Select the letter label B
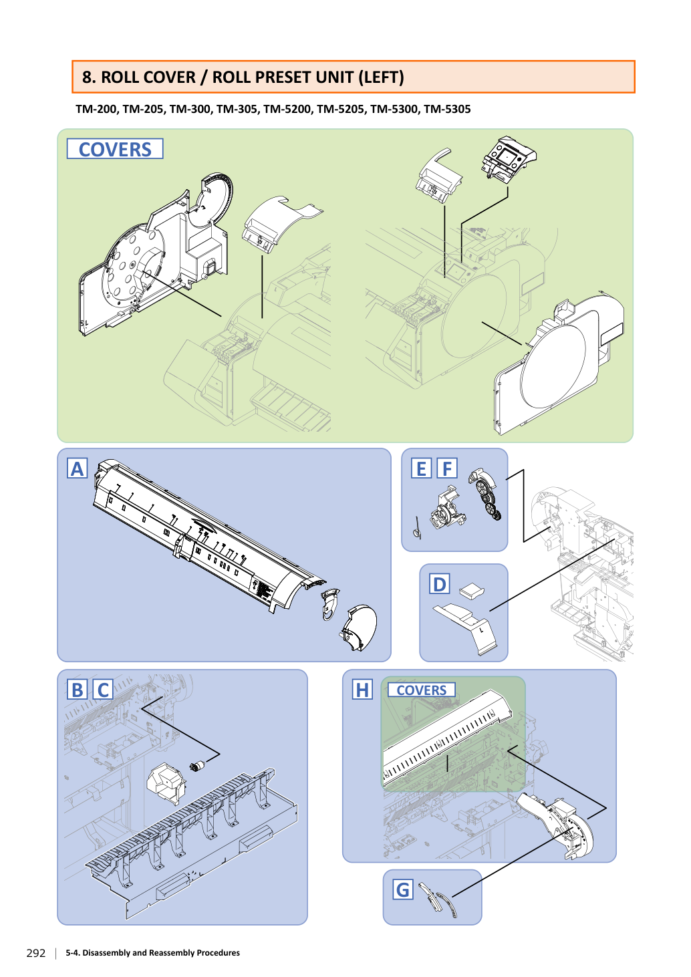click(x=78, y=690)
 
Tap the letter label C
click(x=103, y=690)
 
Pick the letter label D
click(x=439, y=585)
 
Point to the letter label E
click(x=422, y=468)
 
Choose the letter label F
click(x=447, y=468)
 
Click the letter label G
click(x=403, y=889)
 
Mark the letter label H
click(x=362, y=690)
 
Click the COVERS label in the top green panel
click(x=115, y=149)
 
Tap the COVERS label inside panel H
click(x=422, y=690)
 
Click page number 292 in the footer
click(x=36, y=954)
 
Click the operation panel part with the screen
click(x=509, y=158)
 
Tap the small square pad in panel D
click(x=472, y=590)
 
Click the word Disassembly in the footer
click(x=105, y=953)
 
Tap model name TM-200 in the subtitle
click(x=96, y=109)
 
